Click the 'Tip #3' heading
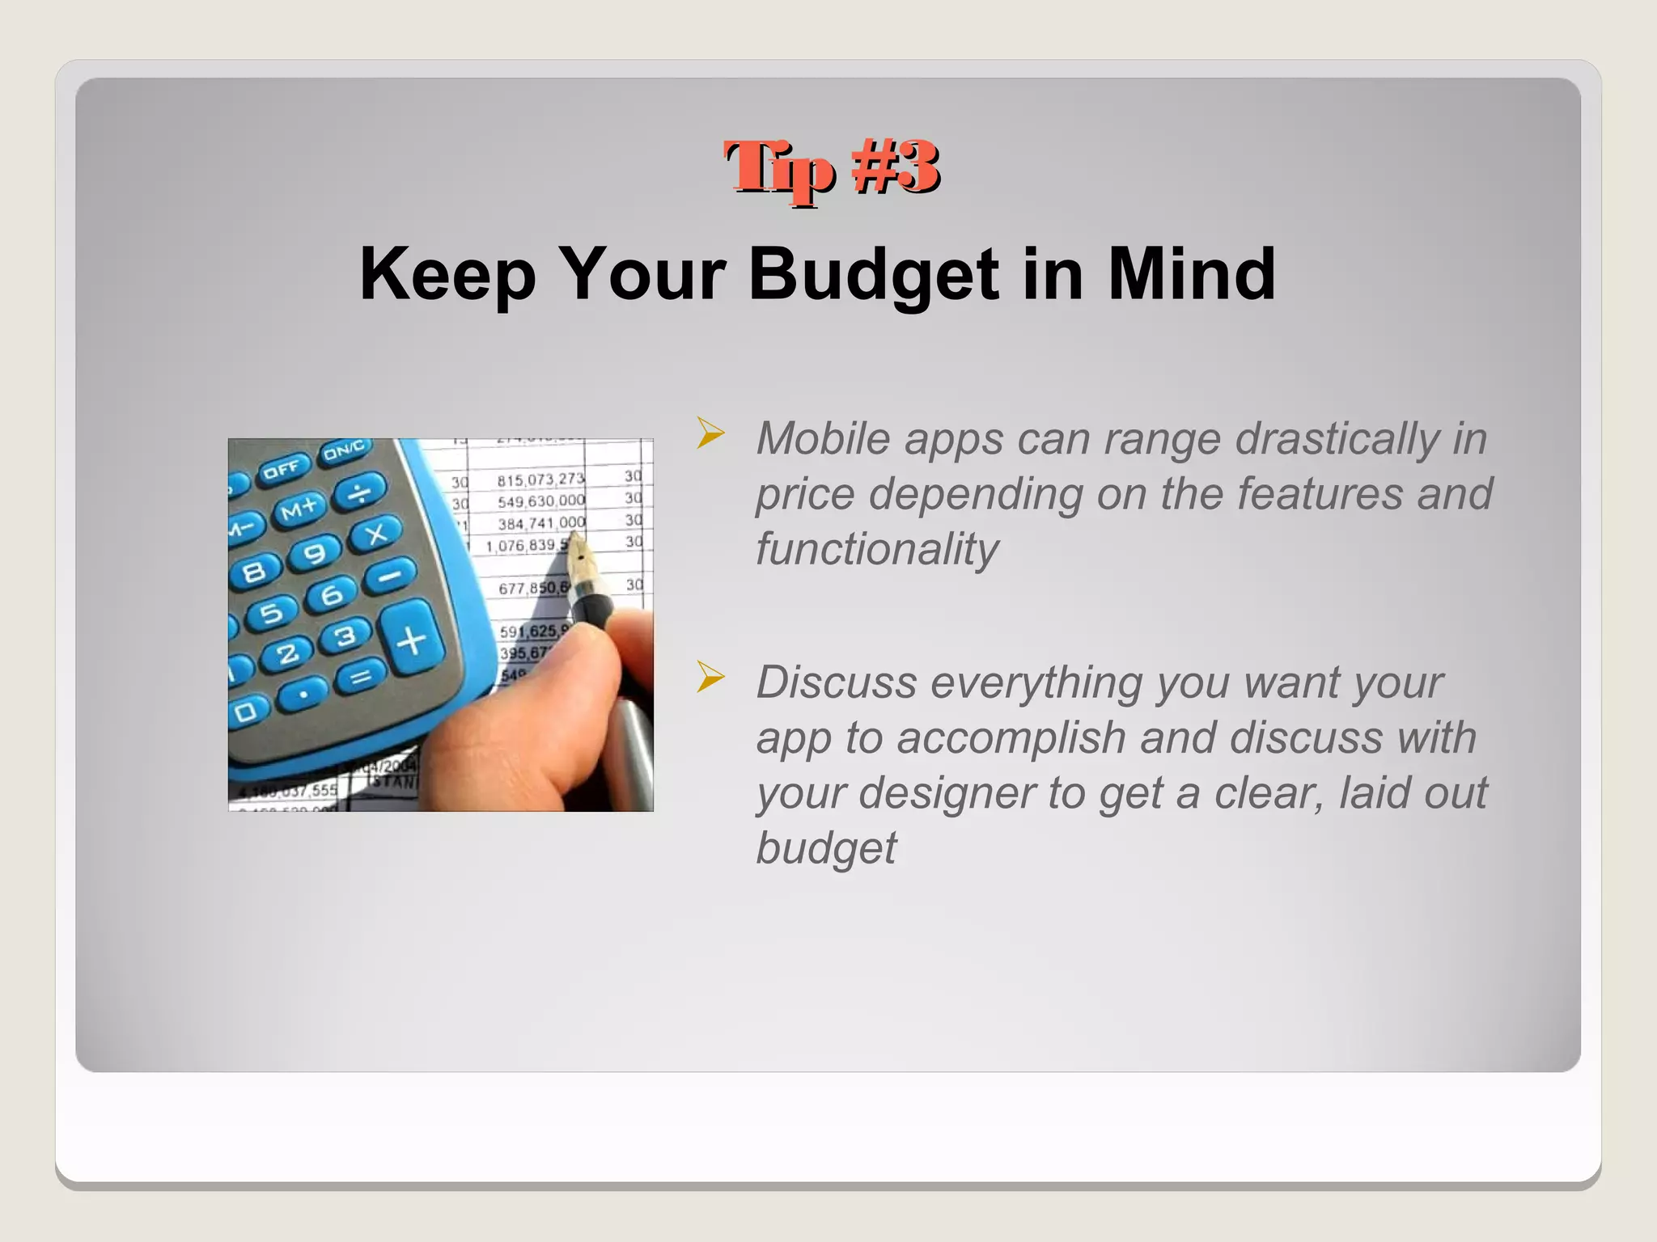click(832, 168)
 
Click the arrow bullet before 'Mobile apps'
click(710, 434)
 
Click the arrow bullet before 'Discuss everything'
click(710, 678)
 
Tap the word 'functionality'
click(877, 549)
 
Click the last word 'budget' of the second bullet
click(825, 847)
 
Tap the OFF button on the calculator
click(282, 470)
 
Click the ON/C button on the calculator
click(345, 451)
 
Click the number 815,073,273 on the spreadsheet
click(540, 480)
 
